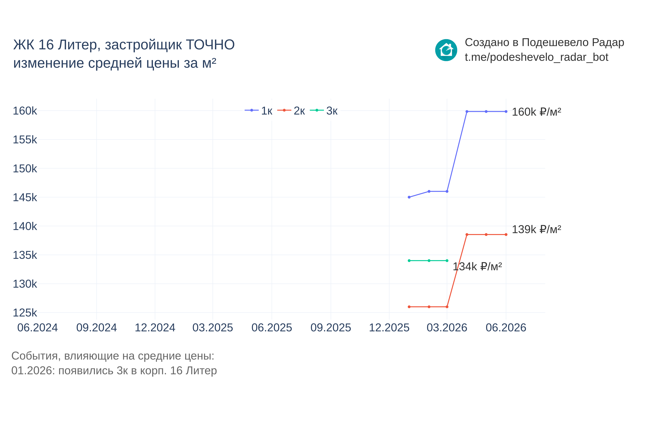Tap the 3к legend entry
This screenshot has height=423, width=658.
[324, 111]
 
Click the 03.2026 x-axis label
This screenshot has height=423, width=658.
[447, 328]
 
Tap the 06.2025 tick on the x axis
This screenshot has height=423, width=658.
[272, 328]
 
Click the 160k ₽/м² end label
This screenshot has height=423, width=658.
[536, 112]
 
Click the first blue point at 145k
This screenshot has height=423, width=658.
[409, 197]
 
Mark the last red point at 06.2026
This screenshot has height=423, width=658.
[506, 235]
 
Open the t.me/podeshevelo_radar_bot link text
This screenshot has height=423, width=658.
[536, 57]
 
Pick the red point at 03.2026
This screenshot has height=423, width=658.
[447, 307]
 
